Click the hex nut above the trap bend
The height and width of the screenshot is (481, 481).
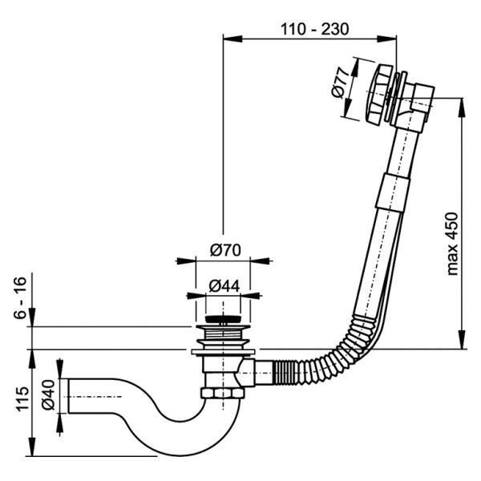pyautogui.click(x=219, y=395)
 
